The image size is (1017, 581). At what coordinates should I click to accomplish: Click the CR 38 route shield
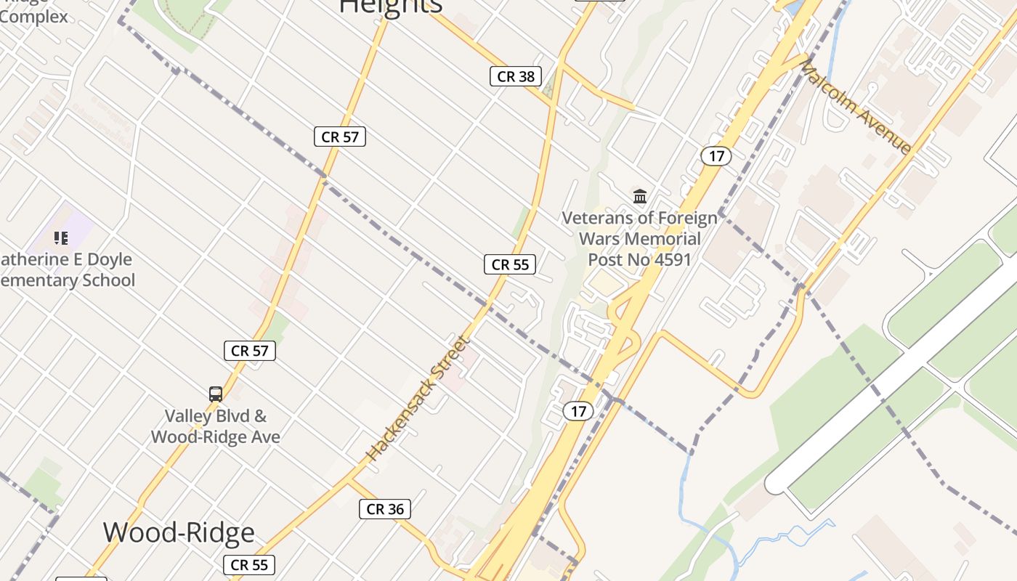tap(516, 76)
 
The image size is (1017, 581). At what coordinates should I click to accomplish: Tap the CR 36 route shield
tap(385, 509)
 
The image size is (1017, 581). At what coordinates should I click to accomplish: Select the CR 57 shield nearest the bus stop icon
tap(249, 351)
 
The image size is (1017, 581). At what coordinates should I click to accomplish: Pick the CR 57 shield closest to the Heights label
tap(340, 137)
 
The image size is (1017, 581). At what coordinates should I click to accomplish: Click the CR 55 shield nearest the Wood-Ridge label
tap(249, 564)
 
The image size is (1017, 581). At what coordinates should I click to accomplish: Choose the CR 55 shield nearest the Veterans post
tap(510, 264)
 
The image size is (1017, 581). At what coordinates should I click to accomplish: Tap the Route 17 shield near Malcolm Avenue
tap(716, 155)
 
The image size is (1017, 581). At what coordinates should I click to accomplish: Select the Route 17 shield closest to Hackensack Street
tap(578, 411)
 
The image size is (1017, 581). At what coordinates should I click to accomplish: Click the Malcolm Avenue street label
tap(856, 107)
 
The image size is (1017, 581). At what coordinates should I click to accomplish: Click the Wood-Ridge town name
tap(179, 532)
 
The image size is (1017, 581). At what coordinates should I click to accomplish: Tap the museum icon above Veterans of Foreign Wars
tap(640, 196)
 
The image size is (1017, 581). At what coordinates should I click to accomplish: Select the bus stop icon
tap(216, 394)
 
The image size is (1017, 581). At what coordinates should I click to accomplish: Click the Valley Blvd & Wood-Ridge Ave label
tap(216, 426)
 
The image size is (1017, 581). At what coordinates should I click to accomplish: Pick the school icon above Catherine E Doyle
tap(61, 237)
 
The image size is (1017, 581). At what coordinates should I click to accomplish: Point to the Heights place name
tap(391, 6)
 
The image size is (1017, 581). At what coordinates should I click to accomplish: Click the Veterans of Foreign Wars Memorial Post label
tap(639, 238)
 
